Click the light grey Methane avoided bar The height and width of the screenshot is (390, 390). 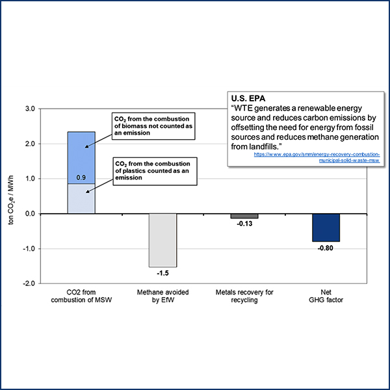click(x=162, y=240)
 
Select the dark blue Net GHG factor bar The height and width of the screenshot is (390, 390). click(x=326, y=227)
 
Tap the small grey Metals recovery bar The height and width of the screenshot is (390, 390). click(x=244, y=216)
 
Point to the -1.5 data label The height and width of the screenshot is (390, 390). click(x=163, y=273)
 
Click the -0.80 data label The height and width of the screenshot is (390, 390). click(x=326, y=248)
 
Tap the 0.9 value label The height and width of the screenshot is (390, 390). click(x=81, y=177)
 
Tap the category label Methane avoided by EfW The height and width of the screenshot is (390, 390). click(x=163, y=297)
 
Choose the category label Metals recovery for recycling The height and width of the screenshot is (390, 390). click(x=244, y=297)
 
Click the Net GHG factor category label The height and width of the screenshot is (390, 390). click(x=326, y=297)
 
